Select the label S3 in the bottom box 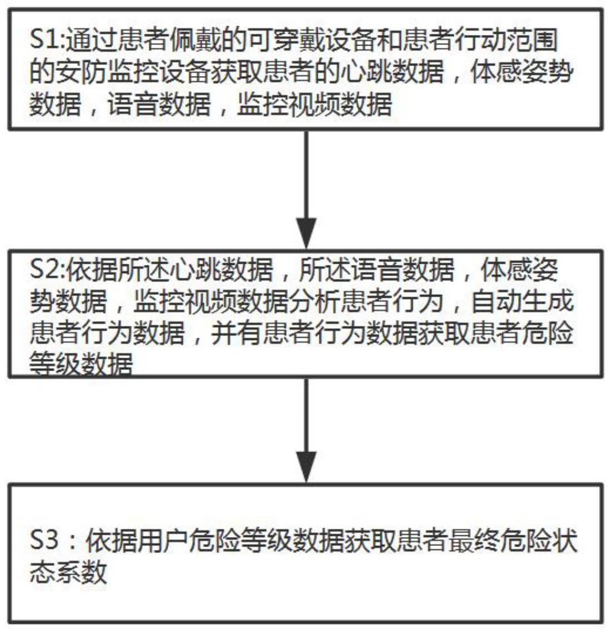pos(43,540)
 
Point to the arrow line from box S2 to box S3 pos(306,417)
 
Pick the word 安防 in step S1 pos(79,72)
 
